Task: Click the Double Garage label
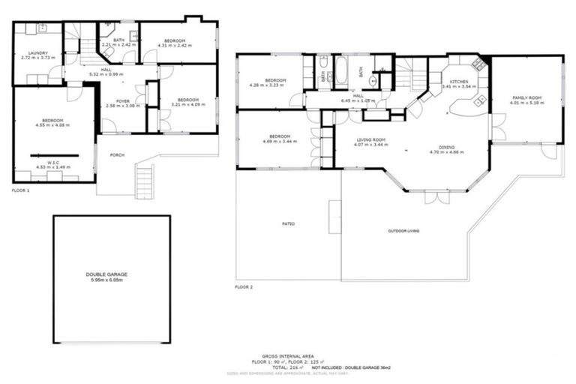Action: pyautogui.click(x=111, y=274)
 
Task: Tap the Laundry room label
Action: pyautogui.click(x=38, y=53)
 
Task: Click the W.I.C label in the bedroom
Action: pyautogui.click(x=52, y=161)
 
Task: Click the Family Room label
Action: pyautogui.click(x=526, y=98)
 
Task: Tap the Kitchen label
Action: pyautogui.click(x=459, y=81)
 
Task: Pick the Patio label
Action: pyautogui.click(x=287, y=223)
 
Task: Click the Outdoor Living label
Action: pyautogui.click(x=403, y=230)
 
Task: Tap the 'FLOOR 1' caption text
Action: pyautogui.click(x=21, y=191)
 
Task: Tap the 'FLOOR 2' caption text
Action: pyautogui.click(x=244, y=287)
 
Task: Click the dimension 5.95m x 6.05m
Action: pyautogui.click(x=111, y=280)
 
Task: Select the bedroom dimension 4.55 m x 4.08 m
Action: pyautogui.click(x=52, y=125)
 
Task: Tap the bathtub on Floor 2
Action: pyautogui.click(x=341, y=73)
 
